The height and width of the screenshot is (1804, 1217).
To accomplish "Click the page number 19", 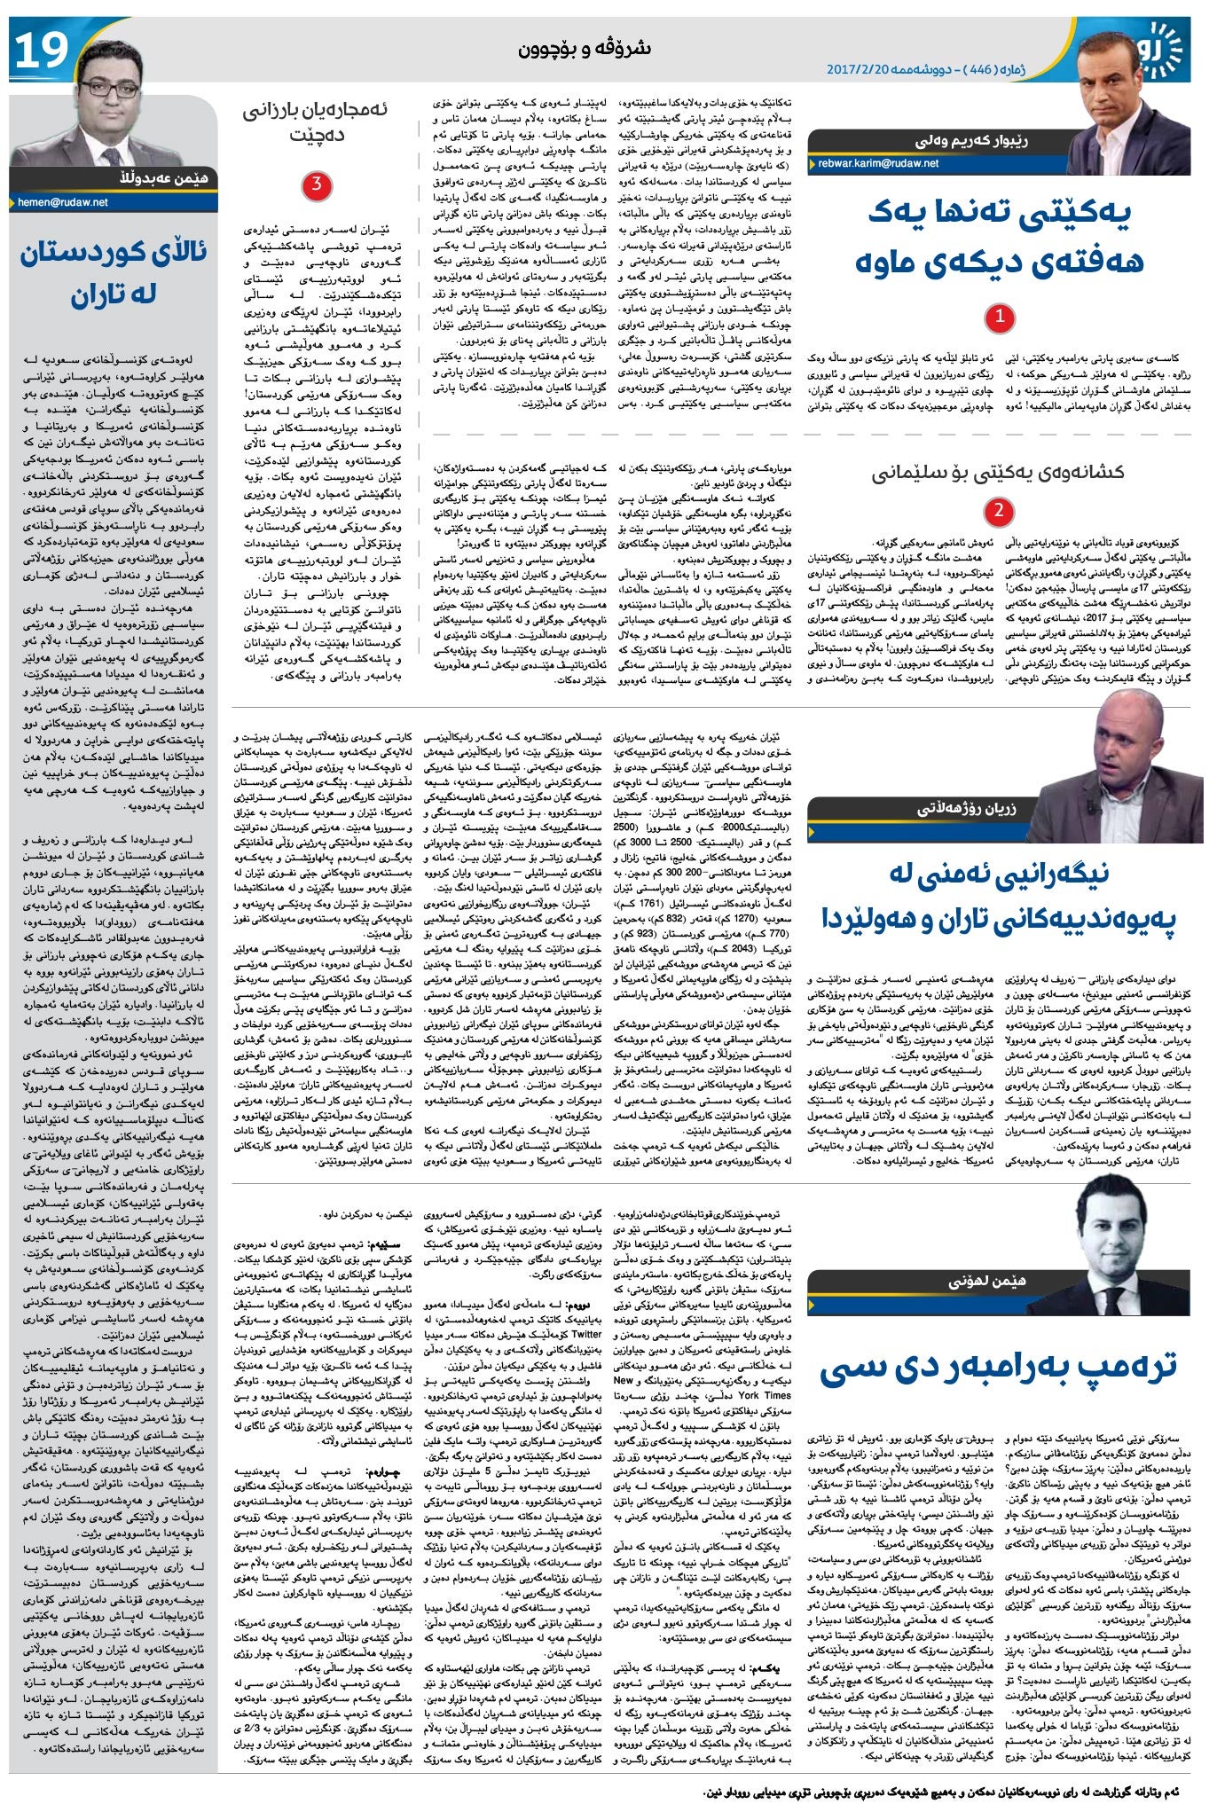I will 41,50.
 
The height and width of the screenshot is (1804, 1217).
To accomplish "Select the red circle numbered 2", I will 1000,512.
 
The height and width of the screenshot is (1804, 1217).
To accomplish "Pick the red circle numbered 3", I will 317,185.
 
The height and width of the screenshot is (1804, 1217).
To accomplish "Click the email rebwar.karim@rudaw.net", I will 879,163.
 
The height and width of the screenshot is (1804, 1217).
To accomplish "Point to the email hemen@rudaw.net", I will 62,202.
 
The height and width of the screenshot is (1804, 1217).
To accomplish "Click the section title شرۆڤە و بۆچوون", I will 585,49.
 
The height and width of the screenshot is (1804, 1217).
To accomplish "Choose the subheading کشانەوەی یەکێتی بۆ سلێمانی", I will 998,471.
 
